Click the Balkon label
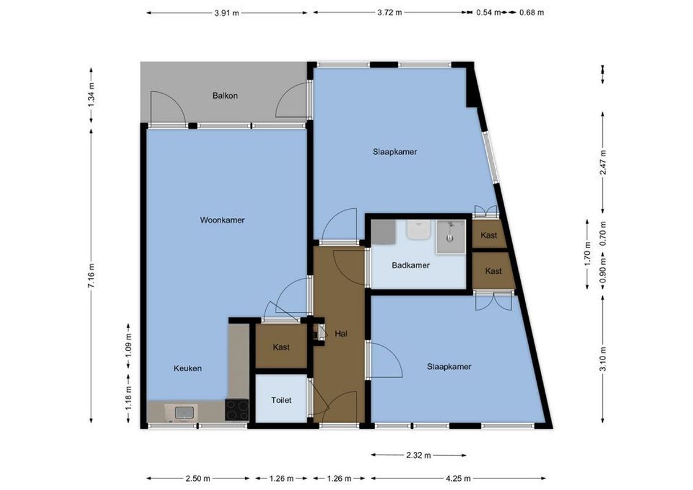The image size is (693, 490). point(225,96)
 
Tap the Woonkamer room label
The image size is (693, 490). point(222,220)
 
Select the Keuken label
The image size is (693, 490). point(187,368)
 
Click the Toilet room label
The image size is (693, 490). point(281,400)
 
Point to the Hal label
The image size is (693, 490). point(341,334)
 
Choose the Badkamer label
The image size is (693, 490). point(411,265)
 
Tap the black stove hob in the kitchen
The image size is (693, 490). point(237,409)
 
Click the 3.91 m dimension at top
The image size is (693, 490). point(227,12)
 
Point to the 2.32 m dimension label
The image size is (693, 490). point(418,455)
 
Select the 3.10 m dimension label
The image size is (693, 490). point(603,360)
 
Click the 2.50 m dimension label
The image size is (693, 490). point(199,478)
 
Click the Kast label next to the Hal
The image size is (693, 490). point(281,347)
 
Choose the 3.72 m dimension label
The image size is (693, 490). point(390,12)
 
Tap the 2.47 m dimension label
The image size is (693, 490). point(603,162)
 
